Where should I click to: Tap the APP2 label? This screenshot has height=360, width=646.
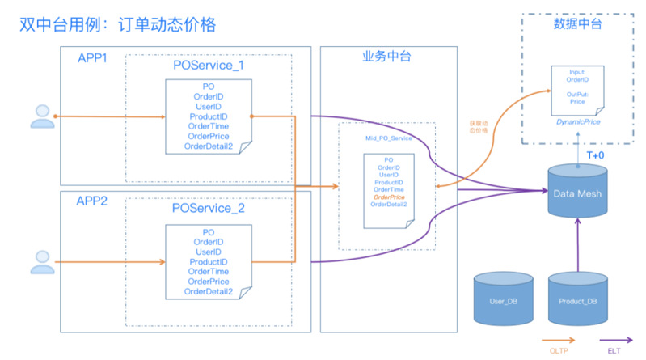(x=94, y=201)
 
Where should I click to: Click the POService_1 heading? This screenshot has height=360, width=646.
(x=209, y=64)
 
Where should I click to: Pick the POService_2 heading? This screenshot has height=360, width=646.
(x=209, y=209)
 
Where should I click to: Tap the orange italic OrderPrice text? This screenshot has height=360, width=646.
(x=389, y=197)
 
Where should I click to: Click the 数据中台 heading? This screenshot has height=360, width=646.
(x=577, y=23)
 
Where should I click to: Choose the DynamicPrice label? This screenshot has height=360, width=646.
(x=577, y=121)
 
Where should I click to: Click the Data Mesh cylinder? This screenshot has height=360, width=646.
(x=576, y=191)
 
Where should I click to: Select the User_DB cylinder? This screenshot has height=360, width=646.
(x=504, y=301)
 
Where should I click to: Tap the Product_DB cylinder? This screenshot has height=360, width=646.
(x=577, y=301)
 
